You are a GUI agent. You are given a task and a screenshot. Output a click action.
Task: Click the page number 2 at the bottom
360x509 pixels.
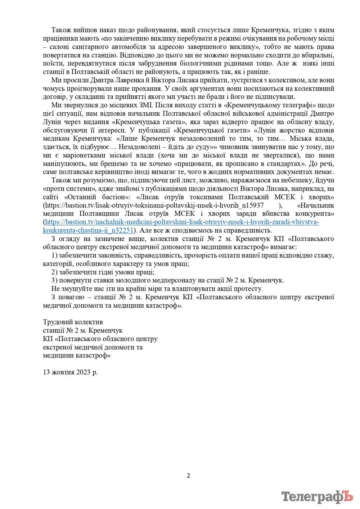click(188, 476)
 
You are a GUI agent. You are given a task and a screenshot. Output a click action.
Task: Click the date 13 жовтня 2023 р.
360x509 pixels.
click(70, 372)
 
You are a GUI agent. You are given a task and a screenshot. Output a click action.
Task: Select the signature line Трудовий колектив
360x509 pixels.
click(73, 322)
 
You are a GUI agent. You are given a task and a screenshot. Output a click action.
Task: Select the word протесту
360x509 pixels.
click(249, 288)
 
